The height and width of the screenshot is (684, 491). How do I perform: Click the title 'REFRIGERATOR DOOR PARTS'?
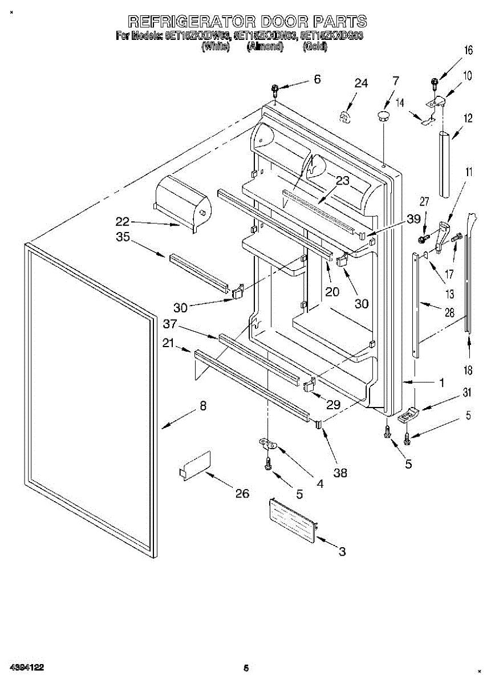(x=247, y=22)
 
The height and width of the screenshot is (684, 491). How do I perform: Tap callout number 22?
(x=123, y=222)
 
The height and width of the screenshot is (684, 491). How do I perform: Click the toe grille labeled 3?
(x=293, y=519)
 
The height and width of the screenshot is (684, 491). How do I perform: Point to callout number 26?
(x=242, y=493)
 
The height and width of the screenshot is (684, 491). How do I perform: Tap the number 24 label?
(x=361, y=83)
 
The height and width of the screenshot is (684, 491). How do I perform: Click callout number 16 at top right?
(x=468, y=50)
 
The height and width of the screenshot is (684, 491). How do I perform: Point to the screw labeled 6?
(x=275, y=89)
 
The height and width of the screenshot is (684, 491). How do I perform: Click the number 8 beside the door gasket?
(x=202, y=406)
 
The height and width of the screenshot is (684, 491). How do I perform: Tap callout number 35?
(x=123, y=238)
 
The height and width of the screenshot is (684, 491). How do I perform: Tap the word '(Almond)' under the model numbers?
(x=265, y=47)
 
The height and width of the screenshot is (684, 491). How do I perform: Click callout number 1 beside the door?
(x=441, y=382)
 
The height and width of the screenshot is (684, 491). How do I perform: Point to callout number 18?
(x=468, y=371)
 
